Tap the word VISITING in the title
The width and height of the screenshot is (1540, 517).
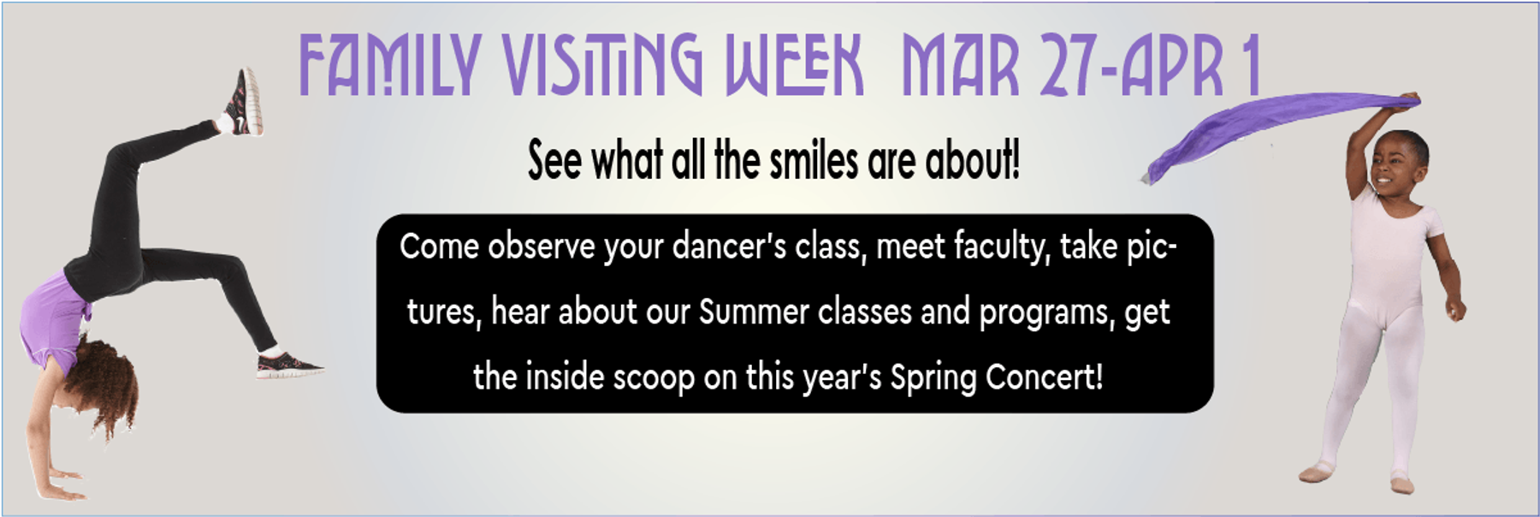[602, 65]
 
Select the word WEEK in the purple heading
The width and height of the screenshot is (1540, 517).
[794, 65]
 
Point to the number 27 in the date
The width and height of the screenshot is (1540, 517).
[1069, 65]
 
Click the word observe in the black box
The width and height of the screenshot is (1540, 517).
[542, 247]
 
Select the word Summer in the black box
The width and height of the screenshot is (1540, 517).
[753, 312]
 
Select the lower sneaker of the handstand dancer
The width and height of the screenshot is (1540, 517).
[289, 365]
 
